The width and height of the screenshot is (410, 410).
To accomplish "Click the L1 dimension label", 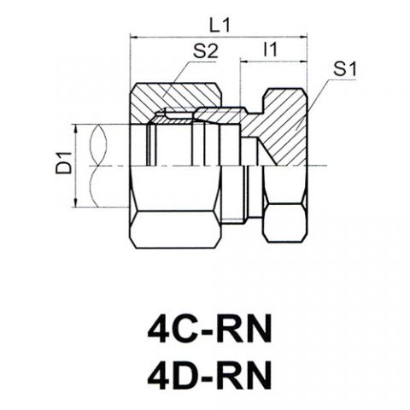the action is coord(220,26).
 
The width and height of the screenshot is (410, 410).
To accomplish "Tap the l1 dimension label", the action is coord(270,50).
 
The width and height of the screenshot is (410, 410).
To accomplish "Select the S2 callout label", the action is coord(205,51).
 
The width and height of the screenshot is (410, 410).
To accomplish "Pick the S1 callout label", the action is coord(345,69).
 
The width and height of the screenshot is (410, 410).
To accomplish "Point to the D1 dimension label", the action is coord(64,163).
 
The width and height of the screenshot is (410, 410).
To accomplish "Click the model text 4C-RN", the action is coord(210,330).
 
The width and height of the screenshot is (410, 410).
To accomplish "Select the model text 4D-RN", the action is coord(210,375).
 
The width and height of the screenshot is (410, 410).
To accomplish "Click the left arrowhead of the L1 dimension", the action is coord(134,37).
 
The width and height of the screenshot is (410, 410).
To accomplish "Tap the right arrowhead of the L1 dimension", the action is coord(303,37).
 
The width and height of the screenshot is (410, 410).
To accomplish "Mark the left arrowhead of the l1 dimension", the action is coord(244,61).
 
